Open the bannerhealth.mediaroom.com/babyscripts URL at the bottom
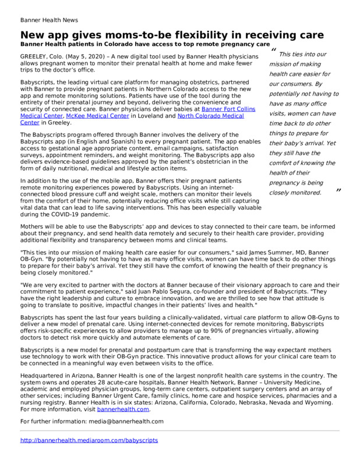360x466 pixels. click(x=89, y=440)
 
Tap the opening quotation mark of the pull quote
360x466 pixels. click(x=274, y=50)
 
